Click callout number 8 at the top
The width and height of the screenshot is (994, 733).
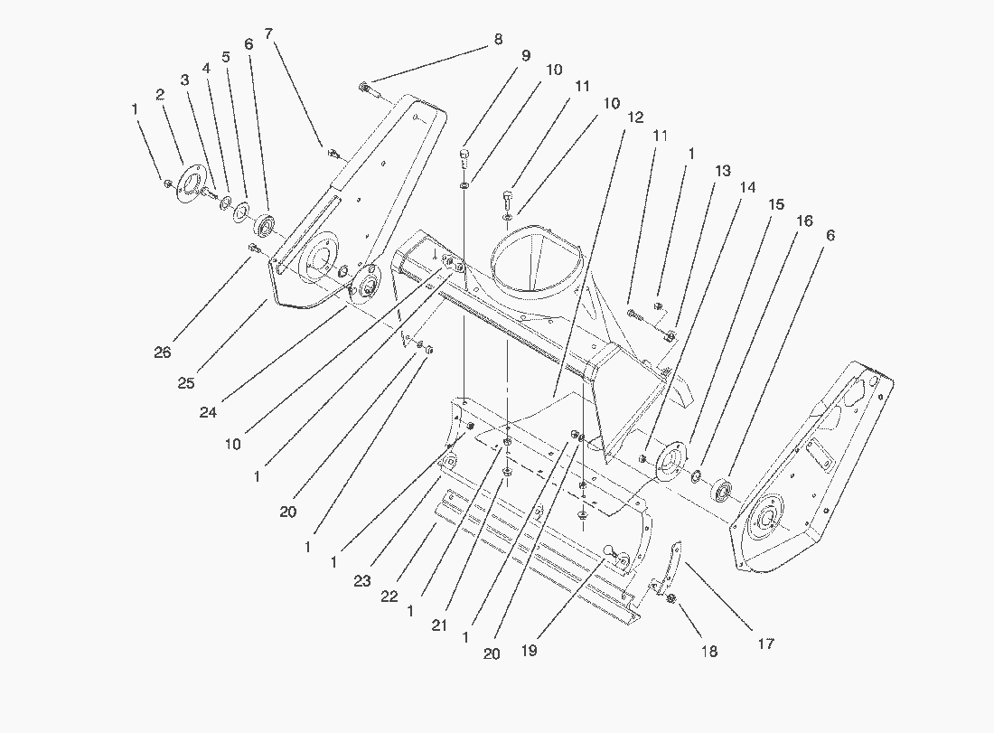point(497,40)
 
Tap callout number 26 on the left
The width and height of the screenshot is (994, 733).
point(163,353)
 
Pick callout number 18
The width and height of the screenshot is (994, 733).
point(710,651)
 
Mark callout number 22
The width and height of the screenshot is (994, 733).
point(390,597)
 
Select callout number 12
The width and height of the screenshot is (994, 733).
point(635,117)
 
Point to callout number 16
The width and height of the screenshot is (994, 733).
point(804,221)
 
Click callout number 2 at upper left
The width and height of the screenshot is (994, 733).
point(159,95)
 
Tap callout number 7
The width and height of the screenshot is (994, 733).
point(269,33)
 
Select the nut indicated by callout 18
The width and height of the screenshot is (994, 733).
point(671,599)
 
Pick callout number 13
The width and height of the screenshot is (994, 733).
point(723,169)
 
